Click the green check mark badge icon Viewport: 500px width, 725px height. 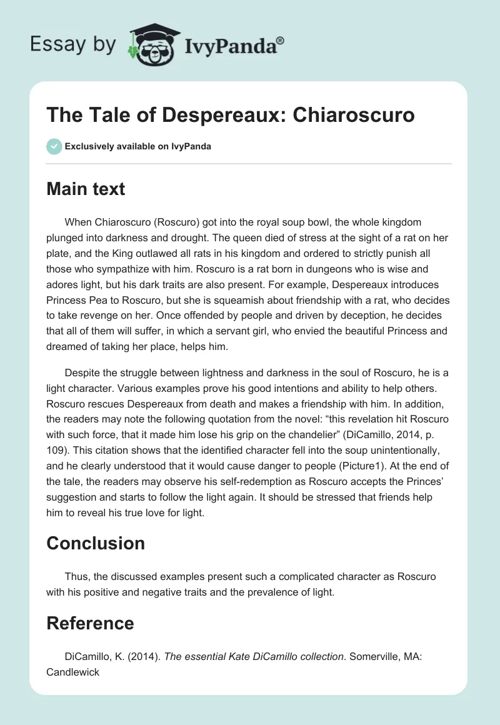tap(54, 146)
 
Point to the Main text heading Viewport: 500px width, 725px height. tap(86, 189)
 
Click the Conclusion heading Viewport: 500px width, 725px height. tap(96, 543)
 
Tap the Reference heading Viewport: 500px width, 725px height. tap(90, 623)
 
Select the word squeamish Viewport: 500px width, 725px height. tap(276, 301)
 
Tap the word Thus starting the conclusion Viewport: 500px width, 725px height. tap(76, 576)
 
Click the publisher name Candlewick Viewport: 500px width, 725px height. tap(73, 672)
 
